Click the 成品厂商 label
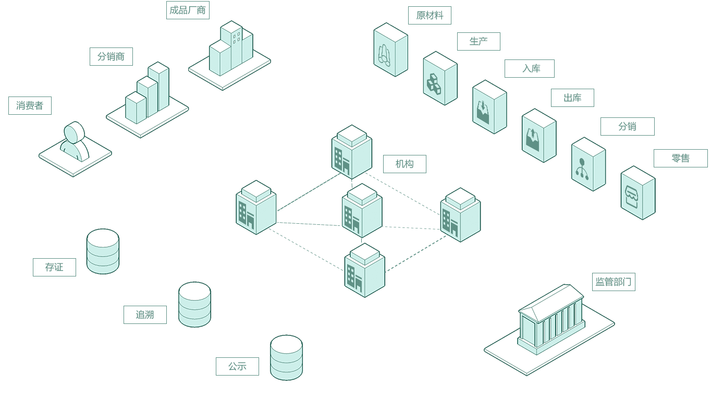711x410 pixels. (188, 10)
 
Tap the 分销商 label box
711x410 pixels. (111, 57)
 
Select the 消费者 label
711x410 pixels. (30, 106)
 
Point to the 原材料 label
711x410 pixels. (430, 16)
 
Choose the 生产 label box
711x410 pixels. (479, 42)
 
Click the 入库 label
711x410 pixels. (529, 69)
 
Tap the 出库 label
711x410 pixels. (572, 98)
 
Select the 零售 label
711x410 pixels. (680, 159)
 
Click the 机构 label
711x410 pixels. (404, 164)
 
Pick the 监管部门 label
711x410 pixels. (614, 282)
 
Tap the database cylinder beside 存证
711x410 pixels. (103, 251)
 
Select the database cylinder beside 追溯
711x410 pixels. (194, 305)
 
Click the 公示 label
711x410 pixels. (237, 367)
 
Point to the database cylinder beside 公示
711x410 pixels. (286, 357)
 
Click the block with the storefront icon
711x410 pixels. (638, 193)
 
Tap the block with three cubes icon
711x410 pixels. (440, 78)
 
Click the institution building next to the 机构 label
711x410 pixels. (352, 151)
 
